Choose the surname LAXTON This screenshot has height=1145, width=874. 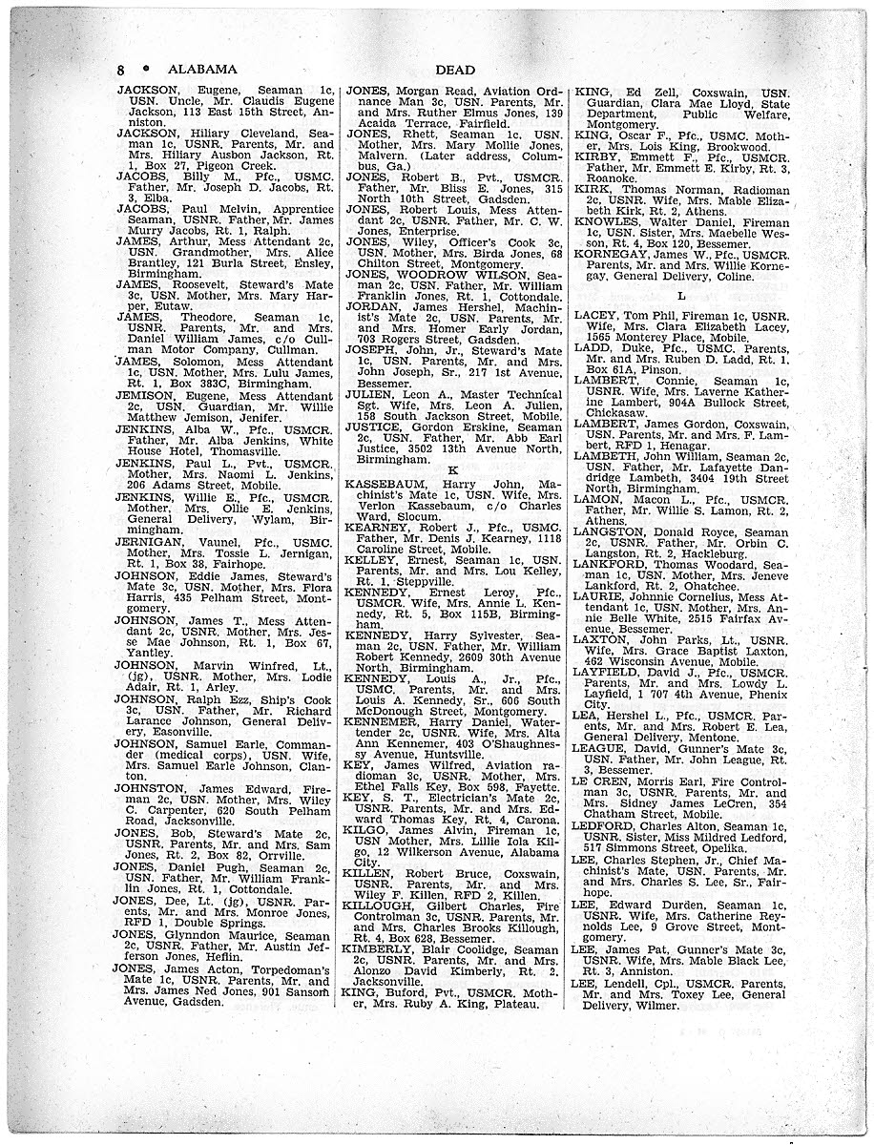click(605, 641)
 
